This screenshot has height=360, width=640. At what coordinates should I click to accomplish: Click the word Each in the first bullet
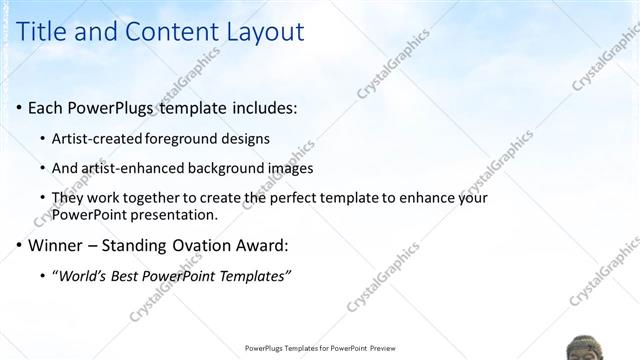coord(46,107)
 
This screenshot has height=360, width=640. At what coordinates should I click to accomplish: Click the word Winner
coord(55,245)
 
